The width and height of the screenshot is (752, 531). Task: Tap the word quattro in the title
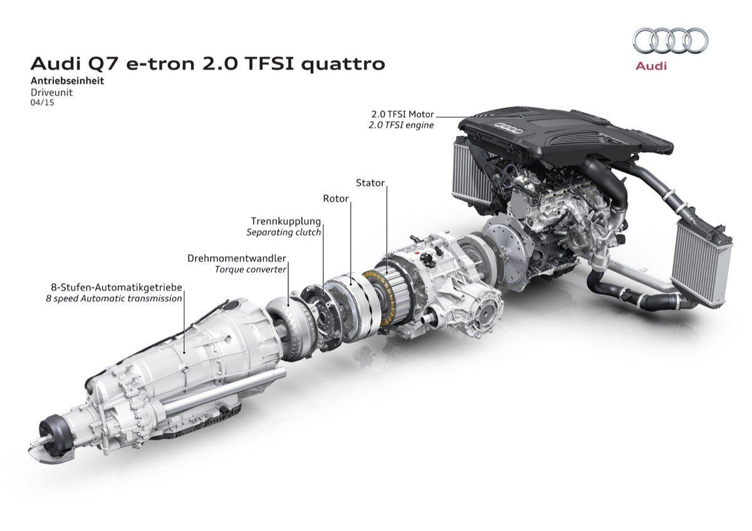tap(343, 64)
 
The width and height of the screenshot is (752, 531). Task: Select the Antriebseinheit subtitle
tap(67, 81)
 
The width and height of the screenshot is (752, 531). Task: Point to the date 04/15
tap(42, 103)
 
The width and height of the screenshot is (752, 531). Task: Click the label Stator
tap(370, 183)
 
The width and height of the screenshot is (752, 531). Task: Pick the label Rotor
tap(336, 198)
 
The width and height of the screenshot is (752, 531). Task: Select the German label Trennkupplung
tap(286, 222)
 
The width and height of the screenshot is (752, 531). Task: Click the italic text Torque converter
tap(251, 269)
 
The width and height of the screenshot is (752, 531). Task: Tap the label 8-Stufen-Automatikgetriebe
tap(117, 287)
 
